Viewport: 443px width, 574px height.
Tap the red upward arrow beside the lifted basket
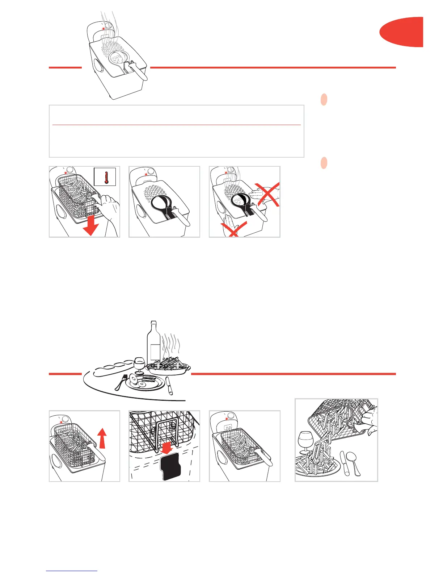pyautogui.click(x=103, y=438)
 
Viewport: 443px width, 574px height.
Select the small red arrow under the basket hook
pyautogui.click(x=166, y=449)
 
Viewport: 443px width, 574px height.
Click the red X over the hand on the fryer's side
pyautogui.click(x=233, y=228)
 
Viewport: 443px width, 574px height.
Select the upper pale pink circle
pyautogui.click(x=324, y=100)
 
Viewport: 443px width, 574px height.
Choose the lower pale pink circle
pyautogui.click(x=324, y=163)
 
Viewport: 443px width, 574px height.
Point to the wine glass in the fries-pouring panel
pyautogui.click(x=306, y=442)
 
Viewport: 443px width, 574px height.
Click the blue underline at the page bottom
pyautogui.click(x=72, y=571)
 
